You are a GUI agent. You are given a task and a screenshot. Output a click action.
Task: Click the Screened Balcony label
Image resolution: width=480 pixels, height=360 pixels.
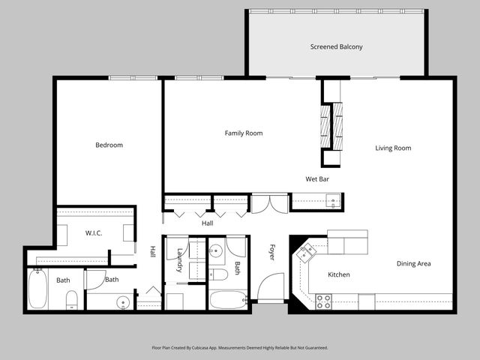(x=336, y=46)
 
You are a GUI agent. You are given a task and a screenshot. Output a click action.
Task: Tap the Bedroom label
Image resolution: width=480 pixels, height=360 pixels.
(x=109, y=145)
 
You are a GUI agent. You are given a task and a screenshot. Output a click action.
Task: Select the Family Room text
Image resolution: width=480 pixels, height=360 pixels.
(x=244, y=133)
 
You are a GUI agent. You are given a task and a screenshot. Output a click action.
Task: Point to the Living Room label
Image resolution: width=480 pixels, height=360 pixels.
(x=393, y=148)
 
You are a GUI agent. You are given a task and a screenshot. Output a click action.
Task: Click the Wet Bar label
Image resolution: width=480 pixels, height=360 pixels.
(x=317, y=179)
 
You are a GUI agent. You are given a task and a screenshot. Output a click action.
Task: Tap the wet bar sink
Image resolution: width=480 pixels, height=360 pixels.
(x=331, y=201)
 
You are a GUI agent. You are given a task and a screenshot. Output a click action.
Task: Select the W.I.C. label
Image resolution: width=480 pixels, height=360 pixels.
(x=94, y=232)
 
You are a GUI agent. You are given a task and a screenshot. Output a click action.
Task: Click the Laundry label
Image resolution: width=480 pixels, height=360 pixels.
(x=180, y=260)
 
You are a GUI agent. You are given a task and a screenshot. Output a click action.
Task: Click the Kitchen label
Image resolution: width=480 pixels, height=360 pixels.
(x=339, y=274)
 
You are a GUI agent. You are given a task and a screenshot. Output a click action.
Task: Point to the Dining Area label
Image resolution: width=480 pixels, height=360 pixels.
(x=413, y=263)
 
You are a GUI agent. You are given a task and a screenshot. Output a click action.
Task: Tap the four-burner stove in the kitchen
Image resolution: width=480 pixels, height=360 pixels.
(x=323, y=301)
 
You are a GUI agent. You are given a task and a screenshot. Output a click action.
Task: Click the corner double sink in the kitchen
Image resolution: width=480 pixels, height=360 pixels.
(x=305, y=253)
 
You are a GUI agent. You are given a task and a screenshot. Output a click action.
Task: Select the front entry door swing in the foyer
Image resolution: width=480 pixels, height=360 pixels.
(x=269, y=287)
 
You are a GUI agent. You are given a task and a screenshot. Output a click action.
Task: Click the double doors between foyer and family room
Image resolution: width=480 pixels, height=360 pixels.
(x=269, y=203)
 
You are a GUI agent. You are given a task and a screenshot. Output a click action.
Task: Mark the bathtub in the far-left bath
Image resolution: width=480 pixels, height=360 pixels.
(x=37, y=289)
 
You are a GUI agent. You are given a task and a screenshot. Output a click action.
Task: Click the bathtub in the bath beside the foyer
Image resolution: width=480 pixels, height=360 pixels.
(x=228, y=300)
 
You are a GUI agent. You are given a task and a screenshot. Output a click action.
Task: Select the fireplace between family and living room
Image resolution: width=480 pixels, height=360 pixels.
(x=331, y=126)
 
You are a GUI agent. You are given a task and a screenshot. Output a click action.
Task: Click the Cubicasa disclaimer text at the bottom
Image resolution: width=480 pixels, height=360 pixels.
(x=240, y=348)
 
